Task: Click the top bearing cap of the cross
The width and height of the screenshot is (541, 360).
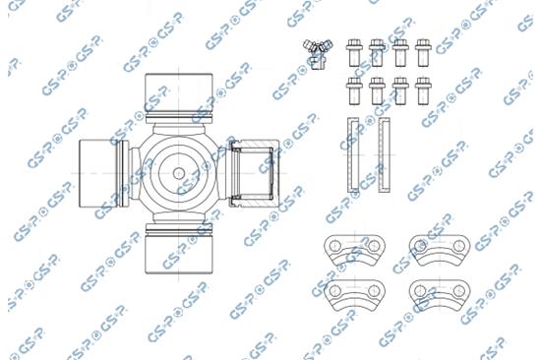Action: [x=178, y=92]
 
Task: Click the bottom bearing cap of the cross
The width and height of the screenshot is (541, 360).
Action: [x=178, y=255]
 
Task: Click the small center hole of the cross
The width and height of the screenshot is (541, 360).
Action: [x=179, y=173]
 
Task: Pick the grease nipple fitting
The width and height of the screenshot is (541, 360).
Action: [x=318, y=53]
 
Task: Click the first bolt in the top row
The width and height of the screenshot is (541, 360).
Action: [x=354, y=53]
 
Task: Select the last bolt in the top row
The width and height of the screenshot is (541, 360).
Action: [x=423, y=53]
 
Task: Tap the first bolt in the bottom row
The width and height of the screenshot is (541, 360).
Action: [x=354, y=90]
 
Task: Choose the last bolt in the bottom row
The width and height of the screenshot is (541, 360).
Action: [x=423, y=90]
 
